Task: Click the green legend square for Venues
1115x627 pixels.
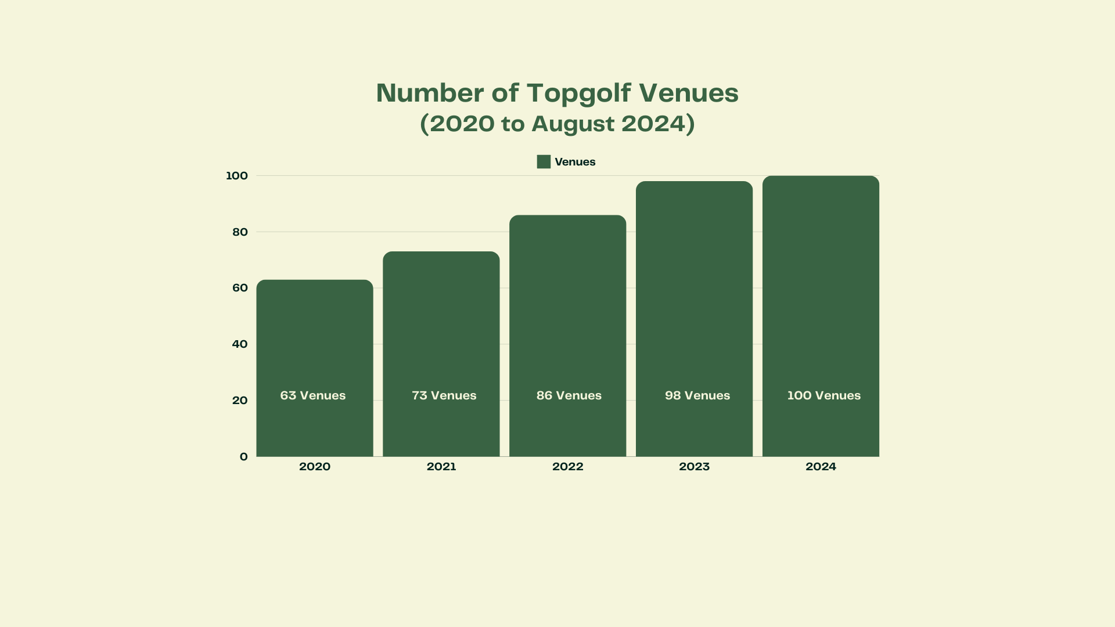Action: [x=544, y=162]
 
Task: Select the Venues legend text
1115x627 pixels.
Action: [x=575, y=162]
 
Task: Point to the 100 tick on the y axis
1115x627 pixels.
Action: [x=236, y=176]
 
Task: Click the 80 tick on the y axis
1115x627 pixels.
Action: [x=240, y=232]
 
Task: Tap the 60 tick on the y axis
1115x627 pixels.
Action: [x=240, y=288]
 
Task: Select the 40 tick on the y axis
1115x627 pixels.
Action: [x=240, y=344]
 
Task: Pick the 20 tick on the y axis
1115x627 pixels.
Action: [x=240, y=401]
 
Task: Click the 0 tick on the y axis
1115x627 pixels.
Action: [x=243, y=457]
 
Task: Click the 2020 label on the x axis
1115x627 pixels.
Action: [x=315, y=467]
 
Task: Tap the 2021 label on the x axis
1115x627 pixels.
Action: [x=441, y=467]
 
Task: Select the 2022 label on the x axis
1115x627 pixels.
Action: [x=568, y=467]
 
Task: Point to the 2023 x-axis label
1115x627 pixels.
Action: [x=695, y=467]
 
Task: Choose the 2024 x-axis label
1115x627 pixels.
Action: [x=821, y=467]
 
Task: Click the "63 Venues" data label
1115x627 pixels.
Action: [x=313, y=395]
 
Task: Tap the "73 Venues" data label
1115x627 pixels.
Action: [x=444, y=395]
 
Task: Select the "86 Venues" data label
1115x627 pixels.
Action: [x=569, y=395]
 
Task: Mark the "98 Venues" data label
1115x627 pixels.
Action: [x=697, y=395]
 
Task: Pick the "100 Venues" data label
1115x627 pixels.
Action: [x=824, y=395]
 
